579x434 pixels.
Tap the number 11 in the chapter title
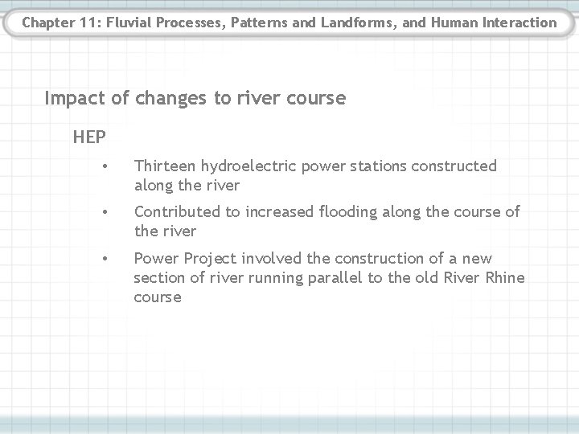click(x=82, y=23)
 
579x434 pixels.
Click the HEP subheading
click(x=88, y=137)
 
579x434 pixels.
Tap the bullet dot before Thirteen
click(x=105, y=166)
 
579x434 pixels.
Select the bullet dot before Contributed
click(x=105, y=212)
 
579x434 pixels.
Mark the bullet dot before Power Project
click(x=105, y=259)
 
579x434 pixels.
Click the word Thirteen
click(x=166, y=166)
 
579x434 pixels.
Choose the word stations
click(x=379, y=166)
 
